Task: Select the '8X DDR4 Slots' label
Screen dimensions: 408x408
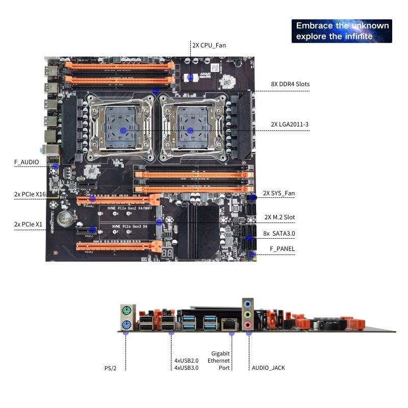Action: (290, 84)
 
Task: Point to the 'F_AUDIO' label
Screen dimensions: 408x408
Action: (27, 162)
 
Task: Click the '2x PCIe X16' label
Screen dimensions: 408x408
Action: (30, 194)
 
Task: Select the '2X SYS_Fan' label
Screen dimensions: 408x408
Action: (278, 193)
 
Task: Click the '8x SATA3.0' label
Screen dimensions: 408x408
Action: (279, 233)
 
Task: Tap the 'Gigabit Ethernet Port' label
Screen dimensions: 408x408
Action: (221, 360)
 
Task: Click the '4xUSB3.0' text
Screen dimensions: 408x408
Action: (186, 367)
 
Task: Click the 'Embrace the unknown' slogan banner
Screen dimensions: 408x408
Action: (342, 31)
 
